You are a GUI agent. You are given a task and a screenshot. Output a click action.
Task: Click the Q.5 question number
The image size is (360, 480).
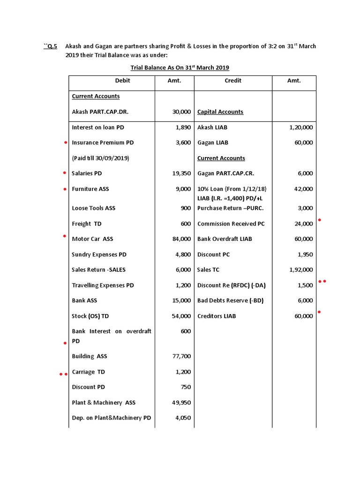tap(51, 46)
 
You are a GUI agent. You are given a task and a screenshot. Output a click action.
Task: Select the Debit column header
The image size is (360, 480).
tap(122, 81)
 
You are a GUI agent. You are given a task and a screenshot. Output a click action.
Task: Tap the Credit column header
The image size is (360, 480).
tap(233, 81)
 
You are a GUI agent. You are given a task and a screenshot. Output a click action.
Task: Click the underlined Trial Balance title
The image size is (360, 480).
tap(180, 67)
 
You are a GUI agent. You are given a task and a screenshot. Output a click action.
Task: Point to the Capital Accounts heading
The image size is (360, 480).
tap(220, 112)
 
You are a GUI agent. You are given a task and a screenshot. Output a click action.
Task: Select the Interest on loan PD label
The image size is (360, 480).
tap(98, 127)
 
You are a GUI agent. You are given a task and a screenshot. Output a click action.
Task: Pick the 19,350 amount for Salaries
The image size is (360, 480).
tap(181, 173)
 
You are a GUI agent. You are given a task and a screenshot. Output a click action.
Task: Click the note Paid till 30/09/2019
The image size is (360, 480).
tap(100, 158)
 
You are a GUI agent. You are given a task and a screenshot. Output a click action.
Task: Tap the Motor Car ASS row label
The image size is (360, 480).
tap(92, 239)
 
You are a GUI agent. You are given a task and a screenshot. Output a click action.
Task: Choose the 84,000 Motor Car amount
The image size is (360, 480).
tap(181, 239)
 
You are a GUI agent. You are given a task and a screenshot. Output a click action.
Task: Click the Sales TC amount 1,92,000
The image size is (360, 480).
tap(301, 270)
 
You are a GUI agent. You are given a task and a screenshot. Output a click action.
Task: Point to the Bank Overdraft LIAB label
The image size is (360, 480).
tap(225, 239)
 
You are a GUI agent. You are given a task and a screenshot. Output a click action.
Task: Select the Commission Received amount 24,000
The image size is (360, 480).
tap(303, 224)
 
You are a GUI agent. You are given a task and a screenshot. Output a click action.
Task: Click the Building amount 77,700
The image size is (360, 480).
tap(181, 356)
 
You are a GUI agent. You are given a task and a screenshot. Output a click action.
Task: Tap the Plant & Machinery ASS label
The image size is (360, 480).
tap(104, 403)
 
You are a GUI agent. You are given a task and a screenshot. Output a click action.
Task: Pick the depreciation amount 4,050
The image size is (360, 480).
tap(183, 418)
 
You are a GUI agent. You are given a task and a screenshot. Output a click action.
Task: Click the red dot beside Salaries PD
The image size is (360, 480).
tap(65, 173)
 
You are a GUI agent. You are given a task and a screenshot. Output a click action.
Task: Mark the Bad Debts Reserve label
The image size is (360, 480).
tap(230, 300)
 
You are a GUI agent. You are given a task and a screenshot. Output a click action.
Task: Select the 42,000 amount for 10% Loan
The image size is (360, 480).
tap(303, 189)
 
